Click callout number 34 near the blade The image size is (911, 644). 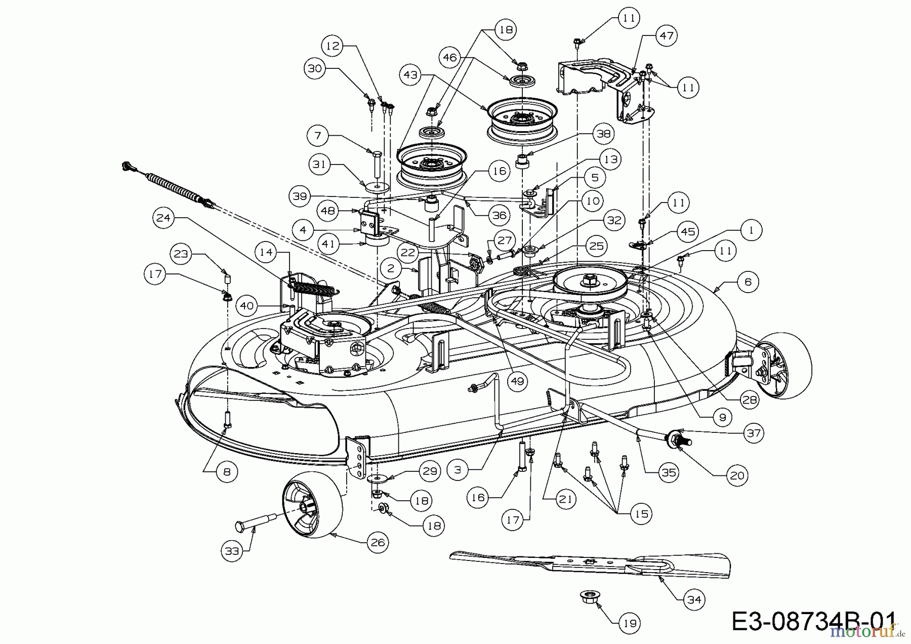(694, 599)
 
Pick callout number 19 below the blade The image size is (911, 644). (630, 623)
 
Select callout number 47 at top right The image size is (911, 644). (666, 35)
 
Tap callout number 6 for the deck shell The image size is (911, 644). (748, 281)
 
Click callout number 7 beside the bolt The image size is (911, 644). (318, 136)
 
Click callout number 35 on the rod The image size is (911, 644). (668, 472)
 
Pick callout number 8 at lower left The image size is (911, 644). (226, 471)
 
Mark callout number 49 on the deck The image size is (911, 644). (517, 381)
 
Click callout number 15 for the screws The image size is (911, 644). (641, 513)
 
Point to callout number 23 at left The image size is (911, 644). (181, 254)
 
